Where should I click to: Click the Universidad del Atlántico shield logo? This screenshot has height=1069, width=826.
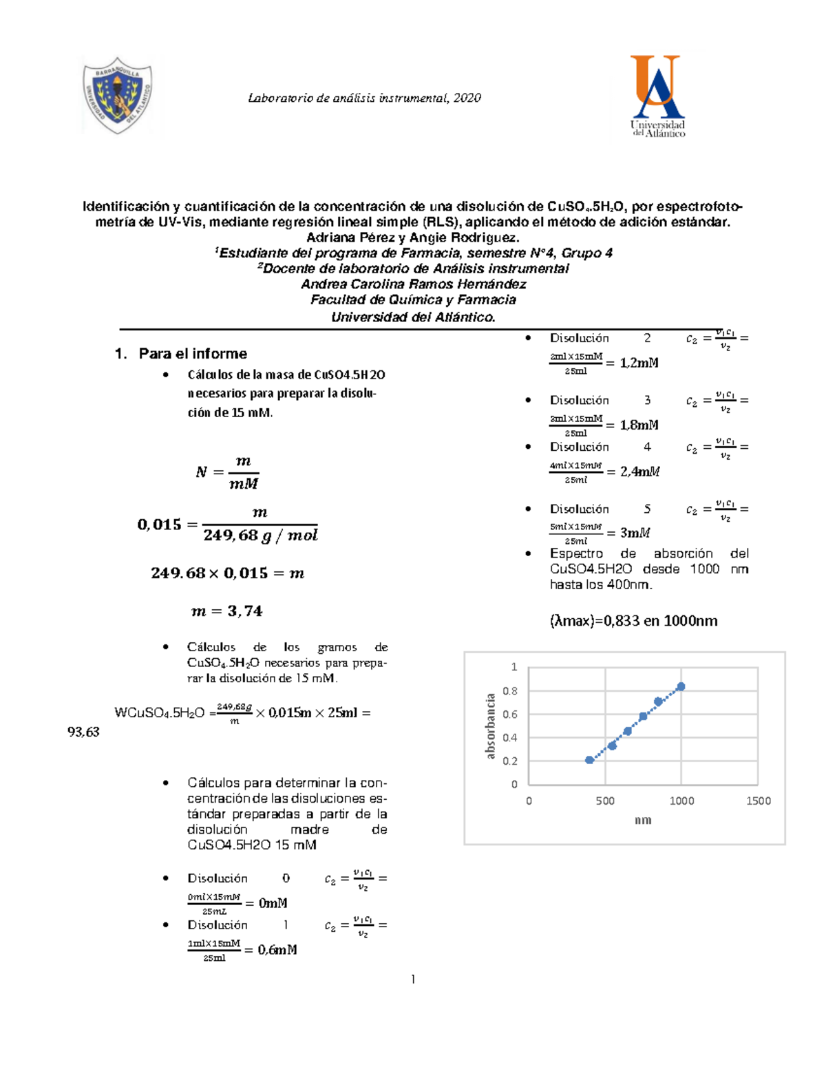pos(118,96)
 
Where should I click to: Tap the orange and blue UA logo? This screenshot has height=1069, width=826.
pos(657,96)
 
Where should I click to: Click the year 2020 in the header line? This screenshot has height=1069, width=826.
pos(467,98)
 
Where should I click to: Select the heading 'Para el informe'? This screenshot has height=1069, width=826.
pos(193,354)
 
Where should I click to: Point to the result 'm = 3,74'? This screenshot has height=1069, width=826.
pos(227,611)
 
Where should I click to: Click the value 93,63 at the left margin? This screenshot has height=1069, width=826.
pos(83,732)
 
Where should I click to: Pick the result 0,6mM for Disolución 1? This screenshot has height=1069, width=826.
pos(277,950)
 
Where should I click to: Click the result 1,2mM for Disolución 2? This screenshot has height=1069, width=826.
pos(639,363)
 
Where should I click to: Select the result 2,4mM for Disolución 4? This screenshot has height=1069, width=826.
pos(639,472)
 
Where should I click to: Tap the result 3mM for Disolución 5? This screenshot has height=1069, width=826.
pos(635,533)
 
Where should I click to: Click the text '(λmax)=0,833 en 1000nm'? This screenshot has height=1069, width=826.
pos(633,621)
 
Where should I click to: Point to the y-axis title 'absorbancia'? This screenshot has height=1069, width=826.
pos(490,726)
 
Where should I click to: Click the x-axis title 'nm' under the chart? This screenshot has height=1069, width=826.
pos(643,820)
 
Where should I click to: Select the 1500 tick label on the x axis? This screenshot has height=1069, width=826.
pos(758,801)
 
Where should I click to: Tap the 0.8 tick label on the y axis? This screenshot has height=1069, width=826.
pos(510,691)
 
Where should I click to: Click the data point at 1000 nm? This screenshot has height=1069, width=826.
pos(681,686)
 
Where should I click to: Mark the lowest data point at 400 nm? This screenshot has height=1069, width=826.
pos(589,760)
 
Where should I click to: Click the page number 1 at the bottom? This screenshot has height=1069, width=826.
pos(413,979)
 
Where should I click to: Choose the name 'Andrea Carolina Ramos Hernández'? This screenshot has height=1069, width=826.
pos(413,284)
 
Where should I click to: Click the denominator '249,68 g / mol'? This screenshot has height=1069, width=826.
pos(260,536)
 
